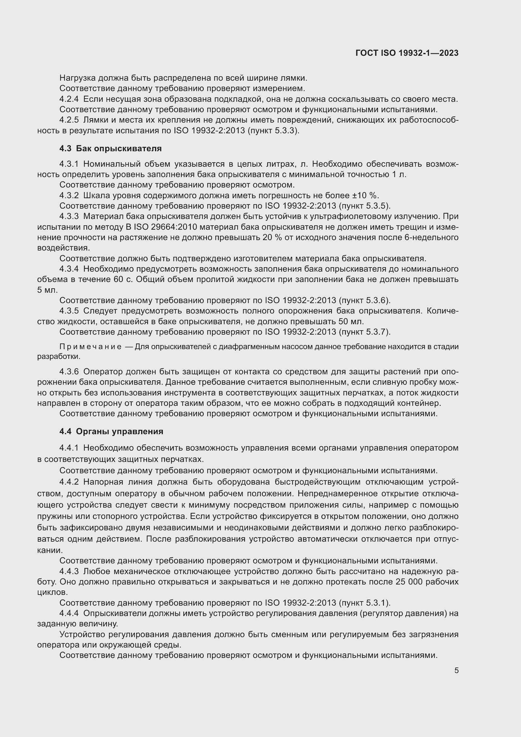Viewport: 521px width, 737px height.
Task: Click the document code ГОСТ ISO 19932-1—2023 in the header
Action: (x=407, y=53)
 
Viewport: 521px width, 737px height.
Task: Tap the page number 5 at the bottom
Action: (x=456, y=671)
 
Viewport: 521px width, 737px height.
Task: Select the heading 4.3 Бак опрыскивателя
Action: (x=110, y=149)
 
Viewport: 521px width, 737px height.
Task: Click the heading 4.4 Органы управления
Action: (x=111, y=431)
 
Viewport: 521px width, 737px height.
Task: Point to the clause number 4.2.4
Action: (x=69, y=99)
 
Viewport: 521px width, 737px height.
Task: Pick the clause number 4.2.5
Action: (x=69, y=120)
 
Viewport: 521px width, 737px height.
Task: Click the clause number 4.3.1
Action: (x=69, y=164)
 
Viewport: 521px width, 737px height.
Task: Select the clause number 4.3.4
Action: (x=69, y=269)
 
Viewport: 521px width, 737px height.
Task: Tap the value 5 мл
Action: (x=47, y=290)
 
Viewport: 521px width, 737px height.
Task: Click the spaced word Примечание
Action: (x=90, y=347)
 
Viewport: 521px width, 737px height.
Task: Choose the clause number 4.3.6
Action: (x=69, y=372)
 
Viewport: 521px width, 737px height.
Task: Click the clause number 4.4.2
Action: (x=69, y=482)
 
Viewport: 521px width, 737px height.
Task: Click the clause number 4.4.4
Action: (x=69, y=613)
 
